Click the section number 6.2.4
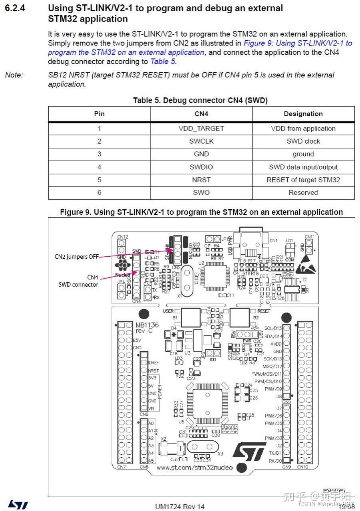click(x=15, y=8)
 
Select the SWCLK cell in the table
click(x=201, y=141)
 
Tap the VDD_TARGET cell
click(x=201, y=129)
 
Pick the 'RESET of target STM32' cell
click(x=303, y=180)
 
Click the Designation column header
click(x=303, y=114)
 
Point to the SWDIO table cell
click(x=201, y=167)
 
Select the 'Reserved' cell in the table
click(x=303, y=192)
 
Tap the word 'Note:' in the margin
click(x=14, y=75)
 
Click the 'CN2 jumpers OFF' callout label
click(x=76, y=257)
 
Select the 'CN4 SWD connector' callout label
click(x=78, y=281)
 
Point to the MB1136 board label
click(x=147, y=325)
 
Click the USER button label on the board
click(x=169, y=311)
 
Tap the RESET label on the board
click(x=264, y=311)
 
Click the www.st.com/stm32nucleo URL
click(x=194, y=467)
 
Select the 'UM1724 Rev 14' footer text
click(x=179, y=507)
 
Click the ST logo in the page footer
click(x=18, y=505)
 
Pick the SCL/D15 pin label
click(x=273, y=328)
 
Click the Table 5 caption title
click(x=200, y=101)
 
